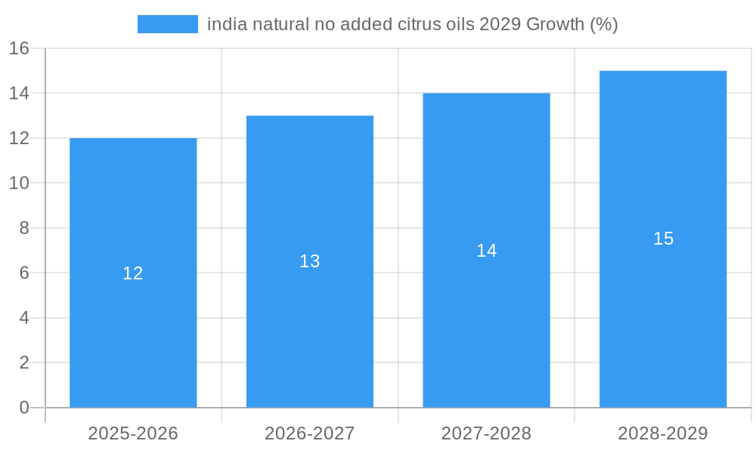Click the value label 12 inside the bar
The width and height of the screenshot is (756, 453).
click(133, 273)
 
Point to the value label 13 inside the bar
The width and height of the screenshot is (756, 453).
click(310, 261)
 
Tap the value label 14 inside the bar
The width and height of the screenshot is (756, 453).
click(486, 251)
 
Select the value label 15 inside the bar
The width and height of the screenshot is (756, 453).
click(663, 239)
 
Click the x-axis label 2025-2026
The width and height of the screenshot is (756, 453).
click(133, 433)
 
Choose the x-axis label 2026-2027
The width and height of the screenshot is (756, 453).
click(310, 433)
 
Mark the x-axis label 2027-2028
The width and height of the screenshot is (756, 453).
click(486, 433)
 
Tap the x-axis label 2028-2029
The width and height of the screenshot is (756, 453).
click(663, 433)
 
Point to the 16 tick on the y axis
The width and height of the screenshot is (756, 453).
click(19, 48)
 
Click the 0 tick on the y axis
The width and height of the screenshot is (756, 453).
click(24, 408)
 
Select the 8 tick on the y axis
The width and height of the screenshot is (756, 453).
click(24, 228)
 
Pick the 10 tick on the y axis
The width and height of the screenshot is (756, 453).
click(19, 183)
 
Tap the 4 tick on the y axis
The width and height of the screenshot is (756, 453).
click(24, 318)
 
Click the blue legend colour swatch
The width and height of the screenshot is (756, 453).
click(167, 24)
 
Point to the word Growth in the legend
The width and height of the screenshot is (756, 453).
click(555, 24)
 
